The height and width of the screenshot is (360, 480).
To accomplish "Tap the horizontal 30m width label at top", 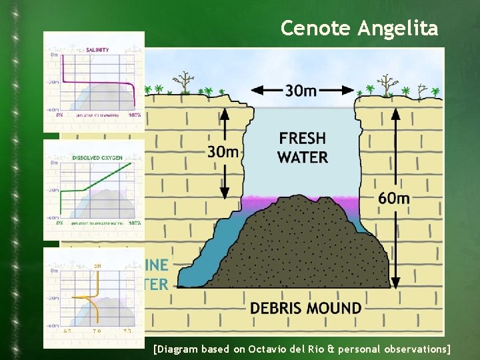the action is [x=301, y=90].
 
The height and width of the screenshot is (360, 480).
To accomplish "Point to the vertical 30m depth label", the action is [x=223, y=152].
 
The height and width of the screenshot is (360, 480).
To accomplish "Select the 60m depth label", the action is [x=394, y=198].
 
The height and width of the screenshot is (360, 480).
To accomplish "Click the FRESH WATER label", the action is [x=303, y=147].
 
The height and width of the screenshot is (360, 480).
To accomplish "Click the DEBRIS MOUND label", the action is [x=306, y=309].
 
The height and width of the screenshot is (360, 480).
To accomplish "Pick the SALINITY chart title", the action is [x=98, y=49].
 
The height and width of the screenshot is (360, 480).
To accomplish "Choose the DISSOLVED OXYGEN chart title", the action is [x=97, y=157].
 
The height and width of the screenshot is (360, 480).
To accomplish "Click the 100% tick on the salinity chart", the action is [x=134, y=115].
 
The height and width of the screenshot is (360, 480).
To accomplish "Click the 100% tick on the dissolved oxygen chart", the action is [x=134, y=223].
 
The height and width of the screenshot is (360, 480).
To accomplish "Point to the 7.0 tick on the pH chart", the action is [x=96, y=331].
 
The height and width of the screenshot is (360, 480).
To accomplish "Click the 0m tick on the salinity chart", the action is [x=54, y=55].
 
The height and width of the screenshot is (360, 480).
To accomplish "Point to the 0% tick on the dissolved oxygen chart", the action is [x=60, y=223].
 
